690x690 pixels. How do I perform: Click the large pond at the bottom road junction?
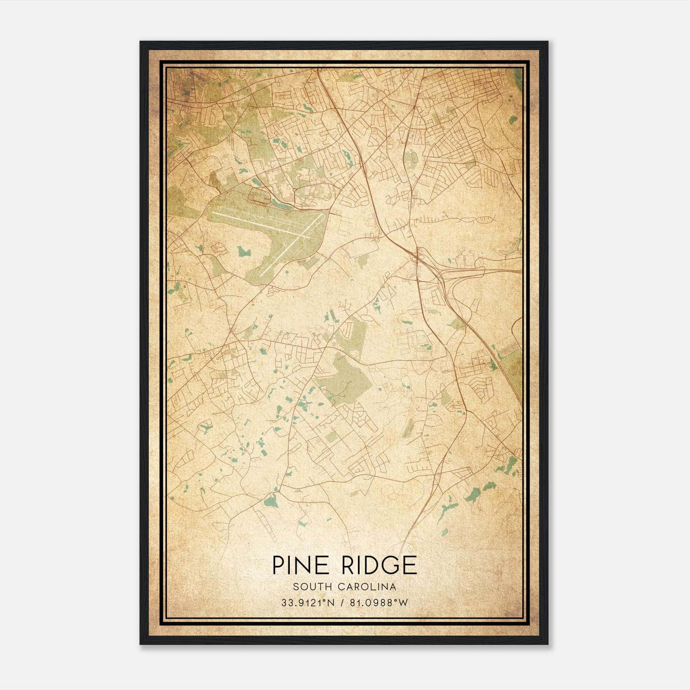[x=270, y=501]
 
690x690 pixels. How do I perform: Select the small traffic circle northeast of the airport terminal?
[x=294, y=189]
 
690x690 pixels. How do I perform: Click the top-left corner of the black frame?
[x=140, y=42]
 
